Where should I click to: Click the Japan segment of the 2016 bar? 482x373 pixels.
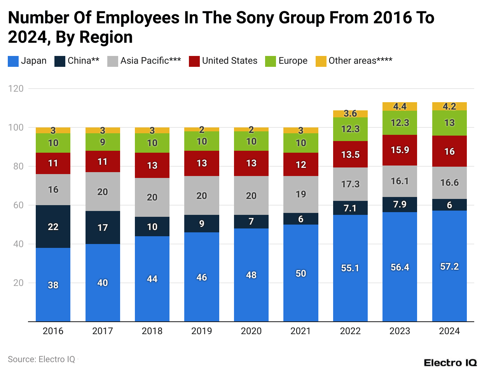pyautogui.click(x=53, y=284)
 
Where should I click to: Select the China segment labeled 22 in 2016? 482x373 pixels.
pyautogui.click(x=53, y=227)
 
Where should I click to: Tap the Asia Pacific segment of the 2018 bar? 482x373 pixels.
pyautogui.click(x=152, y=197)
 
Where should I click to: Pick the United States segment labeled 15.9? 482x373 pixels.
pyautogui.click(x=400, y=150)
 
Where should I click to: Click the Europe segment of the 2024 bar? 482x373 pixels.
pyautogui.click(x=449, y=123)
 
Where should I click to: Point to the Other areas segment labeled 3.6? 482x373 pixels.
pyautogui.click(x=350, y=113)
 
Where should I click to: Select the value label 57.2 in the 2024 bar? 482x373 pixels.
pyautogui.click(x=449, y=267)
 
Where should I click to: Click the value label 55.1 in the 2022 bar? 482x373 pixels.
pyautogui.click(x=350, y=268)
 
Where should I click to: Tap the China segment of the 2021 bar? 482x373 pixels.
pyautogui.click(x=300, y=219)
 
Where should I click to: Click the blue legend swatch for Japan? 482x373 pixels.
pyautogui.click(x=13, y=61)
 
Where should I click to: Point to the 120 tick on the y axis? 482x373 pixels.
pyautogui.click(x=16, y=89)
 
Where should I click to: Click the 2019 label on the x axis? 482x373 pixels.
pyautogui.click(x=201, y=331)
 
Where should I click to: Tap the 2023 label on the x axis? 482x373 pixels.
pyautogui.click(x=400, y=331)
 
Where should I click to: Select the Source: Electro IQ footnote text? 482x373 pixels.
pyautogui.click(x=42, y=359)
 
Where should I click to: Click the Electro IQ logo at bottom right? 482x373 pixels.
pyautogui.click(x=450, y=363)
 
